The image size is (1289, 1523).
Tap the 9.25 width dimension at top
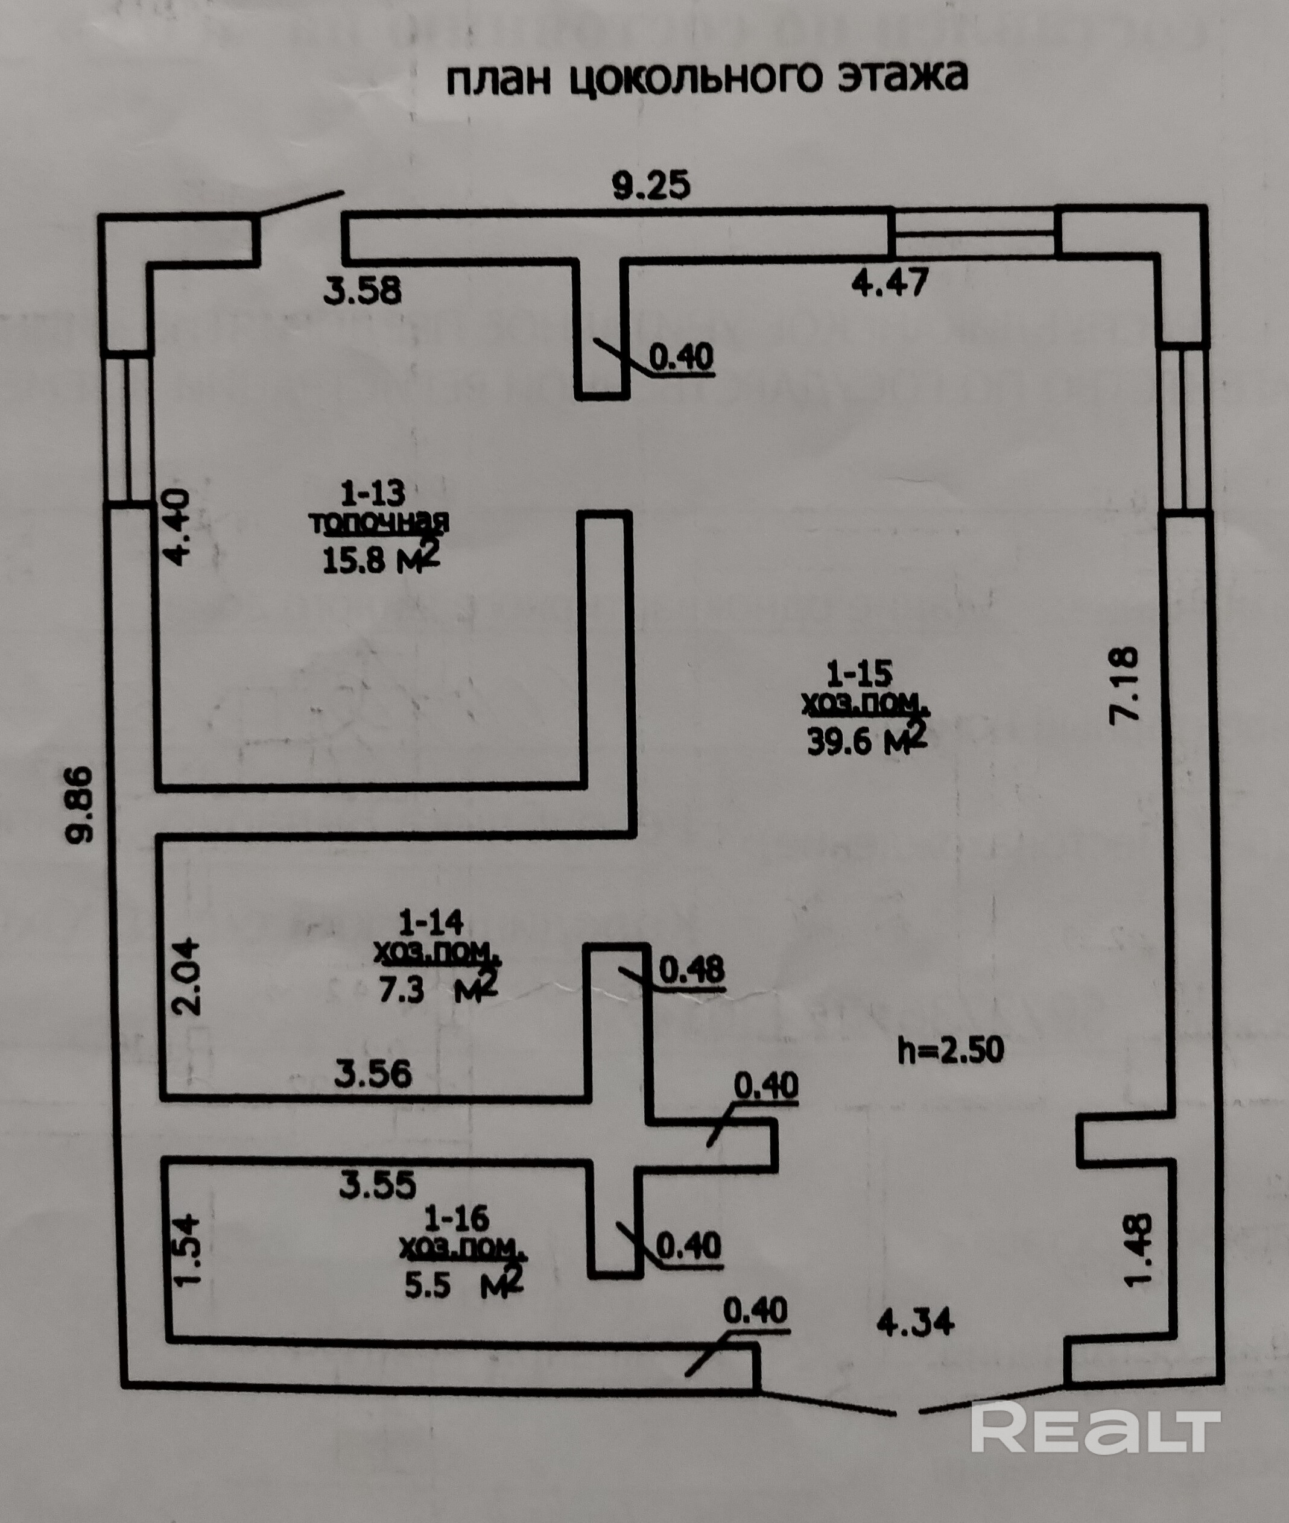650,186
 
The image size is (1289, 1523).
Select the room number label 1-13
373,494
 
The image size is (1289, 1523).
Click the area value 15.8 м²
381,559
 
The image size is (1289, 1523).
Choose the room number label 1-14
431,922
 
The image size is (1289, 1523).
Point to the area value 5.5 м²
464,1284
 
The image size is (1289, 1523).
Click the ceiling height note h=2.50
950,1050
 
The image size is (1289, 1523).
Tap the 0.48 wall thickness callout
691,970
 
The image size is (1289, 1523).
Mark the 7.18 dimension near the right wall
1124,684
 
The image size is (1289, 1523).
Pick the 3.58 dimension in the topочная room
363,291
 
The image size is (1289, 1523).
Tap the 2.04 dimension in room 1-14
184,977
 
